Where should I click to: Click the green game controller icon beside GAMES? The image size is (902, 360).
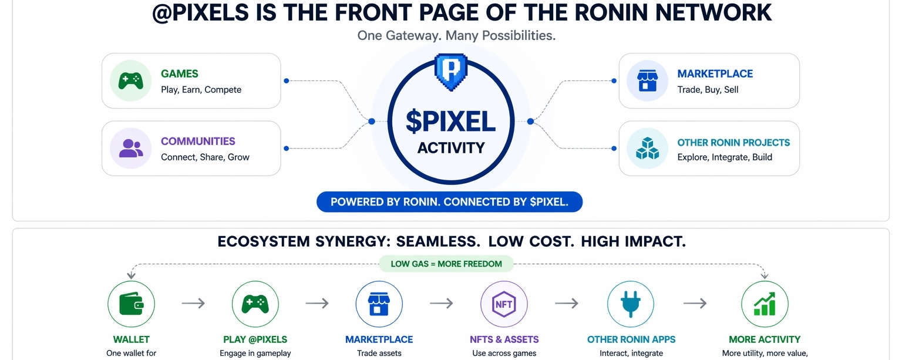pos(130,81)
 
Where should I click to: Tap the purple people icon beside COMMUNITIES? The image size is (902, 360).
pos(130,149)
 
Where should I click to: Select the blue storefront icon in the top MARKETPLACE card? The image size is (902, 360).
pos(647,81)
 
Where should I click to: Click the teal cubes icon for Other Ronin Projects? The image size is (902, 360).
pos(647,149)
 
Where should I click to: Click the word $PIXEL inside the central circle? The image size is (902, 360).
pos(450,122)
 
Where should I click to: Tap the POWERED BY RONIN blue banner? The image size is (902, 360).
pos(449,202)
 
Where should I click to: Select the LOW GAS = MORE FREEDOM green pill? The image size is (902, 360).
pos(446,264)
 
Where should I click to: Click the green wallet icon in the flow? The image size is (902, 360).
pos(131,304)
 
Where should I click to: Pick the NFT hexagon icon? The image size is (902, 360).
pos(504,304)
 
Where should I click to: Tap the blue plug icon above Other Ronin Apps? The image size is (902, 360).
pos(630,304)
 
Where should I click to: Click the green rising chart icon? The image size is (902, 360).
pos(765,304)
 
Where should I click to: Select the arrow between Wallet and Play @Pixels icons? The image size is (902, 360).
pos(193,303)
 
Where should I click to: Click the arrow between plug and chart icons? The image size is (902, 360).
pos(695,303)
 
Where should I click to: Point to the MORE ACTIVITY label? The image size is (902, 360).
pos(765,339)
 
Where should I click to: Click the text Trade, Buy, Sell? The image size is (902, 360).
pos(708,90)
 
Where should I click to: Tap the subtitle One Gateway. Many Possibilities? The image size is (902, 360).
pos(456,36)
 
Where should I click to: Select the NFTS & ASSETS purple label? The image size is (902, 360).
pos(504,339)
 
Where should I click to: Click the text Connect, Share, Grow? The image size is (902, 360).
pos(205,157)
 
